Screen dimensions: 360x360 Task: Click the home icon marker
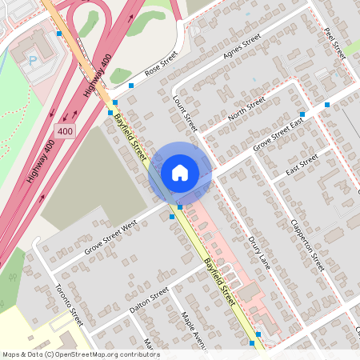pos(180,173)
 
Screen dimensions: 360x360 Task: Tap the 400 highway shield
pos(64,129)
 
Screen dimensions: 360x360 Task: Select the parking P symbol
pos(33,59)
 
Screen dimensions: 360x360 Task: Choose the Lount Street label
pos(185,113)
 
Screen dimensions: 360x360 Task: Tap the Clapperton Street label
pos(308,244)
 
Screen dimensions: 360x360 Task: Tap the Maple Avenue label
pos(194,329)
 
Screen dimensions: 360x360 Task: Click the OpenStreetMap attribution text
pos(81,354)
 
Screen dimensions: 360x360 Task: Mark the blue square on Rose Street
pos(131,85)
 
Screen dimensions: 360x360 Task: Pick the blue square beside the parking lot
pos(59,34)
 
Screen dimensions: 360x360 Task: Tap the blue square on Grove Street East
pos(302,114)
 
